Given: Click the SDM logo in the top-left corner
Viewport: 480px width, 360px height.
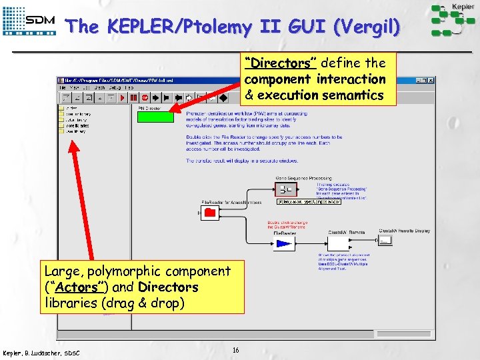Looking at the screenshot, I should click(30, 21).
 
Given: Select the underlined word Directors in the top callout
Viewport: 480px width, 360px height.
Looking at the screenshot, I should click(279, 63).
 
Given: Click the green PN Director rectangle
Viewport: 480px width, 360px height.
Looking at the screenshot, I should click(155, 117).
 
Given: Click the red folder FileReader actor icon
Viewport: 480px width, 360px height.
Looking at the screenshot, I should click(209, 213).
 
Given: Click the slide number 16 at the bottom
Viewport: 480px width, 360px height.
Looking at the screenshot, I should click(236, 350).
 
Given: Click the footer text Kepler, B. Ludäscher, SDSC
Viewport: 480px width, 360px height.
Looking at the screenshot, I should click(41, 352).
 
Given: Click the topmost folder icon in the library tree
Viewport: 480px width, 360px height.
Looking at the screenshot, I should click(61, 107).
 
